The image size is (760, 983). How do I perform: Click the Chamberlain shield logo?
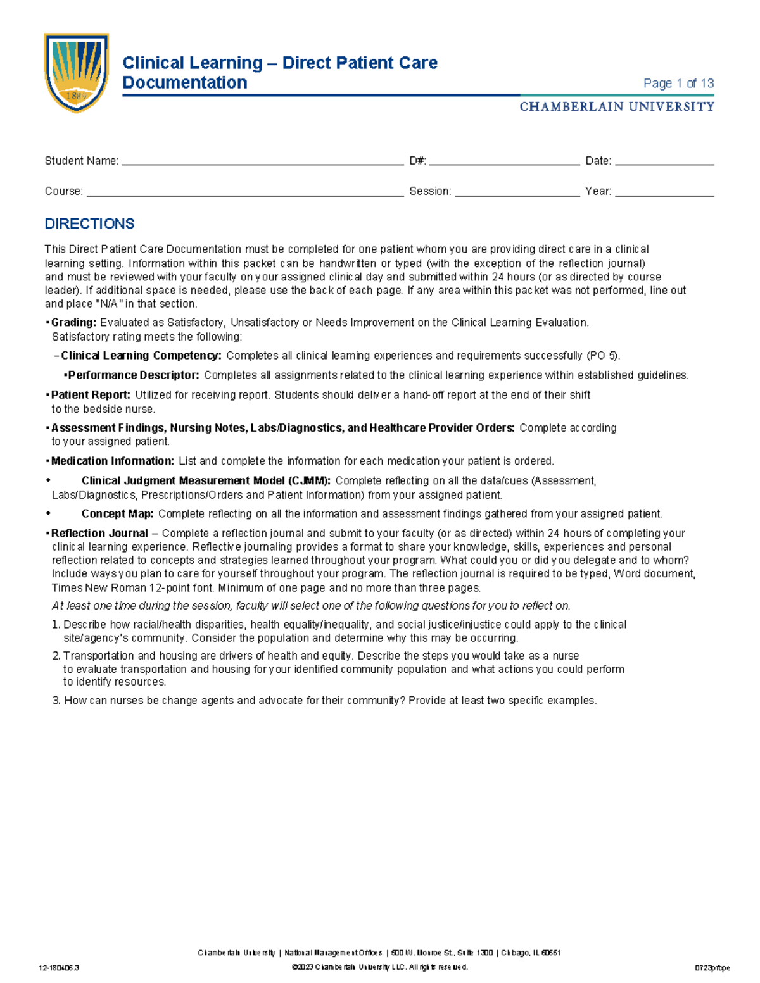pyautogui.click(x=76, y=72)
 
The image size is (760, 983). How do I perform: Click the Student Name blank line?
pyautogui.click(x=262, y=162)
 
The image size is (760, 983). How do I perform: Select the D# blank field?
pyautogui.click(x=504, y=162)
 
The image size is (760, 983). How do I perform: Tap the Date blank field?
pyautogui.click(x=664, y=162)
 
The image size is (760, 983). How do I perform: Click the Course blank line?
pyautogui.click(x=245, y=192)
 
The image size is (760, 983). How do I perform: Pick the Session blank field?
pyautogui.click(x=517, y=192)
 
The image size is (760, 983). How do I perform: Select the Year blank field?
pyautogui.click(x=664, y=192)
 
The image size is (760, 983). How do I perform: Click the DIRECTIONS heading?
pyautogui.click(x=89, y=223)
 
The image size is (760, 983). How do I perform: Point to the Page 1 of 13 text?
pyautogui.click(x=678, y=84)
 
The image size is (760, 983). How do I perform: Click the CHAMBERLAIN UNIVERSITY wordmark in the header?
pyautogui.click(x=617, y=107)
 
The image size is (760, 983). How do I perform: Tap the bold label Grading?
pyautogui.click(x=73, y=323)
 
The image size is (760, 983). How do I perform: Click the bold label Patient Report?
pyautogui.click(x=91, y=395)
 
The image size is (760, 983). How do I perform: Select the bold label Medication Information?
pyautogui.click(x=112, y=461)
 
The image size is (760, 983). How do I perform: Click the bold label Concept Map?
pyautogui.click(x=117, y=514)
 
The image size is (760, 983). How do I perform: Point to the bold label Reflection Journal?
pyautogui.click(x=99, y=534)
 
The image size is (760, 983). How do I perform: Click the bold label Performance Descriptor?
pyautogui.click(x=133, y=375)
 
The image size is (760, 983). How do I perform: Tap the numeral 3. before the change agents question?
pyautogui.click(x=56, y=701)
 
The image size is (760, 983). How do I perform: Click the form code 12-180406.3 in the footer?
pyautogui.click(x=58, y=968)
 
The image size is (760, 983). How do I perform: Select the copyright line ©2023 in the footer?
pyautogui.click(x=379, y=967)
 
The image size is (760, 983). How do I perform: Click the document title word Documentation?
pyautogui.click(x=184, y=83)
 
